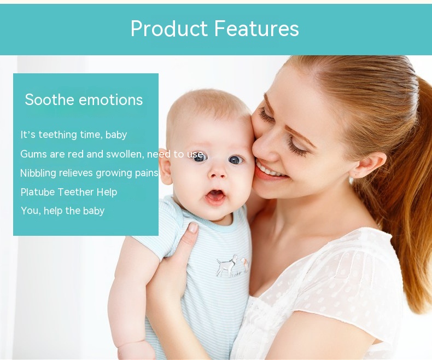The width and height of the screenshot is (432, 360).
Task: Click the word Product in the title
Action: (169, 28)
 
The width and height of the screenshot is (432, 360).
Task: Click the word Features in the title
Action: (256, 28)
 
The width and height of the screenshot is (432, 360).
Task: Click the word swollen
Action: (125, 154)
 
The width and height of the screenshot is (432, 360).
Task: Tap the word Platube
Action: (38, 192)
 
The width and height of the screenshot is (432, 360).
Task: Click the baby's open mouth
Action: (215, 196)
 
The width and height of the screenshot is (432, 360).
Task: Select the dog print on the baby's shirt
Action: (227, 265)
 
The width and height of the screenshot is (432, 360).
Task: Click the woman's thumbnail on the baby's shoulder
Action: (193, 228)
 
